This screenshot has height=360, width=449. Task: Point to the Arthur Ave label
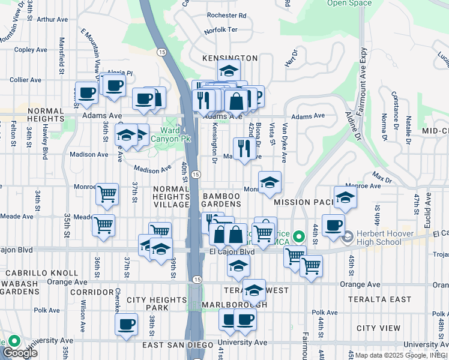52,19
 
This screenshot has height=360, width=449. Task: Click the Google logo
20,352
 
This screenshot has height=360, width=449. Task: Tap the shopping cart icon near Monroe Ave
107,194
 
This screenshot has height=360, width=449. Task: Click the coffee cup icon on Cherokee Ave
127,325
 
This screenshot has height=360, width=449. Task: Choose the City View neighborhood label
378,328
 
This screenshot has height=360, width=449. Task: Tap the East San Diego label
178,345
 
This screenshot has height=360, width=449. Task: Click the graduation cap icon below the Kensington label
229,70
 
